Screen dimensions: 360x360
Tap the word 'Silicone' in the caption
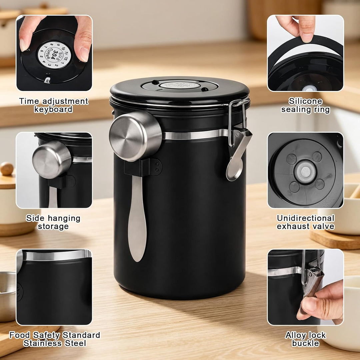pyautogui.click(x=305, y=101)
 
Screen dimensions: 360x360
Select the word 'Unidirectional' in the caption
pyautogui.click(x=306, y=218)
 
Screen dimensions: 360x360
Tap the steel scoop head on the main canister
pyautogui.click(x=135, y=136)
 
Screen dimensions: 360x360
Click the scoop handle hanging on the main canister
pyautogui.click(x=137, y=218)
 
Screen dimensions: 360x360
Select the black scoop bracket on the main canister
pyautogui.click(x=143, y=167)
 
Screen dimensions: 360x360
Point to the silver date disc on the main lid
pyautogui.click(x=180, y=85)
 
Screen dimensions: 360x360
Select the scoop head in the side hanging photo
pyautogui.click(x=52, y=160)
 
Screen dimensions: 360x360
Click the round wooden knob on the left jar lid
pyautogui.click(x=7, y=169)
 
